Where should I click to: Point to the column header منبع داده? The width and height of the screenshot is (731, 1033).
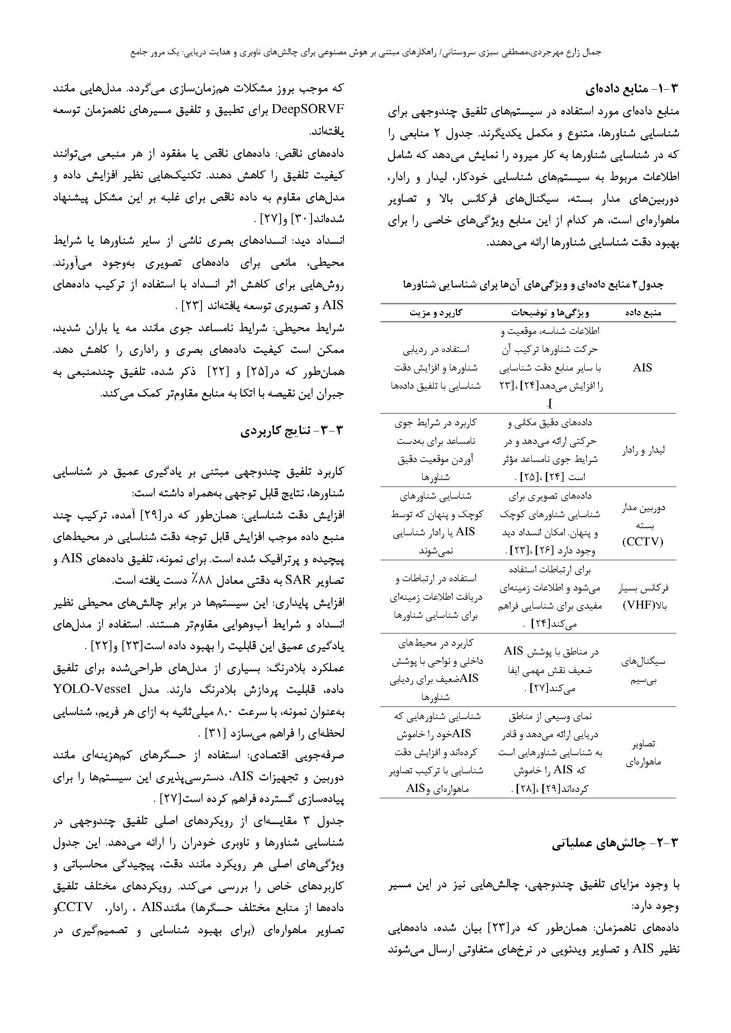pyautogui.click(x=643, y=312)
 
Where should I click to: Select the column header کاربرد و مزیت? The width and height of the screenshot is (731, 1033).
pyautogui.click(x=435, y=312)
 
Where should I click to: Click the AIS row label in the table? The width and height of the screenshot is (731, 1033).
pyautogui.click(x=642, y=368)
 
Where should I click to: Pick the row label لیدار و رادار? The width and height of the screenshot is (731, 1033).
pyautogui.click(x=643, y=450)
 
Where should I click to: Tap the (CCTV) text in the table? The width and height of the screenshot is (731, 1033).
pyautogui.click(x=643, y=542)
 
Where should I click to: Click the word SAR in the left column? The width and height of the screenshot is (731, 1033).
pyautogui.click(x=295, y=580)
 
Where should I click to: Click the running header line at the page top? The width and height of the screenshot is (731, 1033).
pyautogui.click(x=365, y=52)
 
